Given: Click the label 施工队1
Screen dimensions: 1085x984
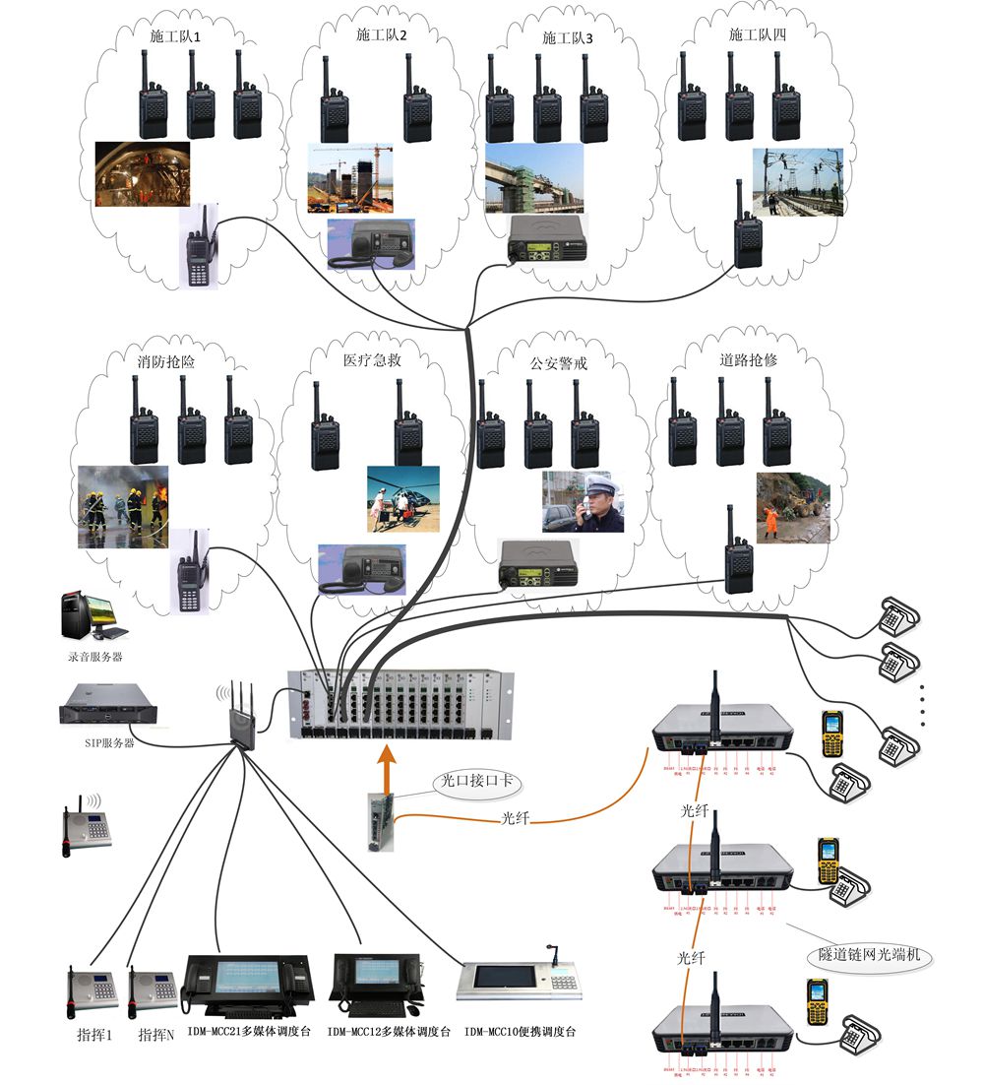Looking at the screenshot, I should pos(175,35).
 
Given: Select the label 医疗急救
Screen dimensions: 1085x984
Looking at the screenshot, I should pos(372,360).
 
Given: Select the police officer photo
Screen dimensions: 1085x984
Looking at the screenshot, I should pos(583,501).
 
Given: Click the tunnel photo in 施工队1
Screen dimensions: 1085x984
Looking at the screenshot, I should pos(142,173).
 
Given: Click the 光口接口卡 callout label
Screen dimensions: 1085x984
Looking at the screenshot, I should pos(477,783).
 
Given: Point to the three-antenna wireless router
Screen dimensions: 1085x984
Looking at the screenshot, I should pos(240,716).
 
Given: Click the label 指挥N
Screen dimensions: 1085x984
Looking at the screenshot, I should pos(156,1035).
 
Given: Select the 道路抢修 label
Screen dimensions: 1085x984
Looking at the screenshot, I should pos(748,360).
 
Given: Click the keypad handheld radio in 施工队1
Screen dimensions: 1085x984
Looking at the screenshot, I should pos(202,247).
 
